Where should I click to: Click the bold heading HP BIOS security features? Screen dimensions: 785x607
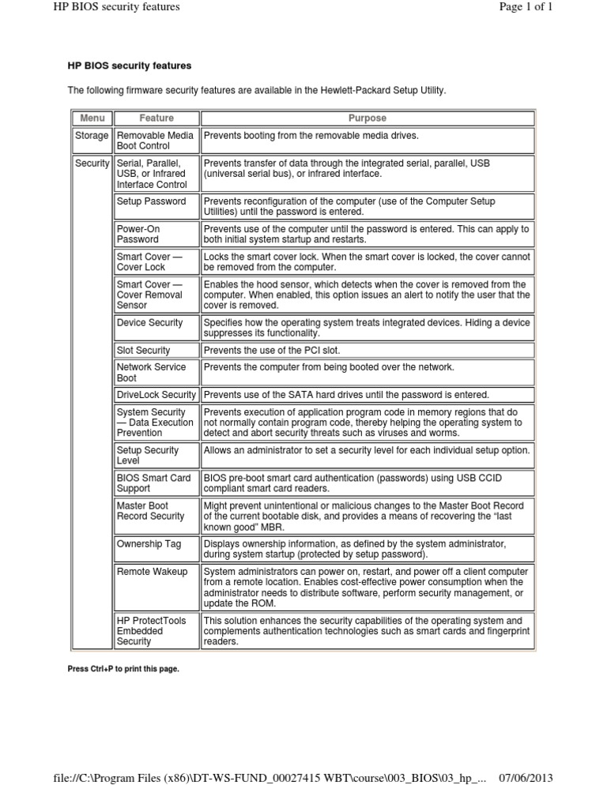pyautogui.click(x=129, y=65)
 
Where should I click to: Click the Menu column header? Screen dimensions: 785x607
pyautogui.click(x=92, y=118)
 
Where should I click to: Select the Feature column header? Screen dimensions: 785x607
pyautogui.click(x=156, y=118)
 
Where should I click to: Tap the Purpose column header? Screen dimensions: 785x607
pyautogui.click(x=367, y=118)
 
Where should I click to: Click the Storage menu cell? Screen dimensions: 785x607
pyautogui.click(x=92, y=136)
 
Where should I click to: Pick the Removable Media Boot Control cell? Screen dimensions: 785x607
pyautogui.click(x=155, y=141)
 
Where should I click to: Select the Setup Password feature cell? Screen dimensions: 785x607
pyautogui.click(x=152, y=201)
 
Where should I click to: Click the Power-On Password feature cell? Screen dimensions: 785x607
pyautogui.click(x=140, y=234)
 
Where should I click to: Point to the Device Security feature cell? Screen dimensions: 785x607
pyautogui.click(x=149, y=322)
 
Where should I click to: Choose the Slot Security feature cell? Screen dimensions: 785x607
pyautogui.click(x=143, y=350)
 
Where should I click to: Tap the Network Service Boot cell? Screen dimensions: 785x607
pyautogui.click(x=152, y=372)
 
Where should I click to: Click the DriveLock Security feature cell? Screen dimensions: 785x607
pyautogui.click(x=156, y=395)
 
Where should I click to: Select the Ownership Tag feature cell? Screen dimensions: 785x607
pyautogui.click(x=149, y=544)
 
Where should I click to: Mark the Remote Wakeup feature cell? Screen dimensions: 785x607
pyautogui.click(x=152, y=571)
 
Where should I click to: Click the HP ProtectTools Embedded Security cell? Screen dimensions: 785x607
pyautogui.click(x=152, y=631)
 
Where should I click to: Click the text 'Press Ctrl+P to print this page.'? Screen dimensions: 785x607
pyautogui.click(x=124, y=669)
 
